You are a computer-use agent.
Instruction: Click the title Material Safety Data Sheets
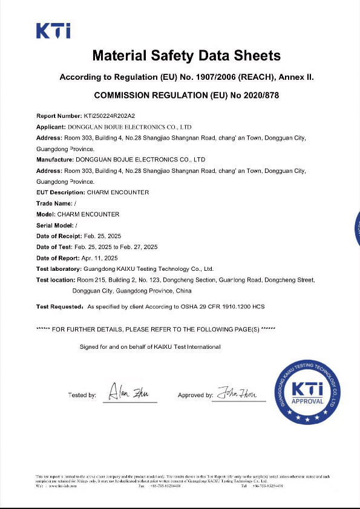click(186, 56)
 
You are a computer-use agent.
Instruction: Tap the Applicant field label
click(51, 127)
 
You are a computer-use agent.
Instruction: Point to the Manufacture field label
click(54, 160)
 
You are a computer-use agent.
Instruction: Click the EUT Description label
click(61, 192)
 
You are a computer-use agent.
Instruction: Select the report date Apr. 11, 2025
click(98, 258)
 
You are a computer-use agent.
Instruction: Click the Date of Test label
click(54, 247)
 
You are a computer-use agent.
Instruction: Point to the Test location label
click(56, 280)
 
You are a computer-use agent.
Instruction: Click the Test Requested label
click(59, 307)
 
